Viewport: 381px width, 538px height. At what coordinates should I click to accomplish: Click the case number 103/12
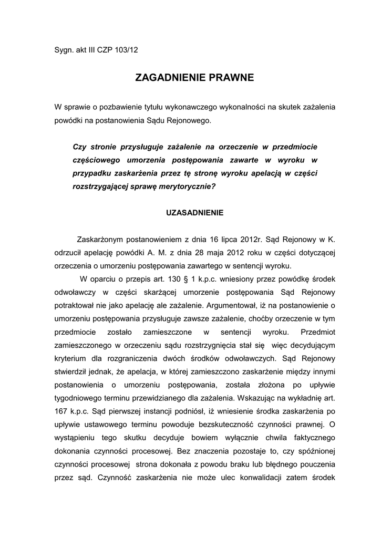click(x=128, y=50)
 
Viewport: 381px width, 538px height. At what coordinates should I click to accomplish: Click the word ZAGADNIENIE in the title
click(x=168, y=78)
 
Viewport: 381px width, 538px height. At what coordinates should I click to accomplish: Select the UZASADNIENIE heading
click(x=195, y=213)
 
